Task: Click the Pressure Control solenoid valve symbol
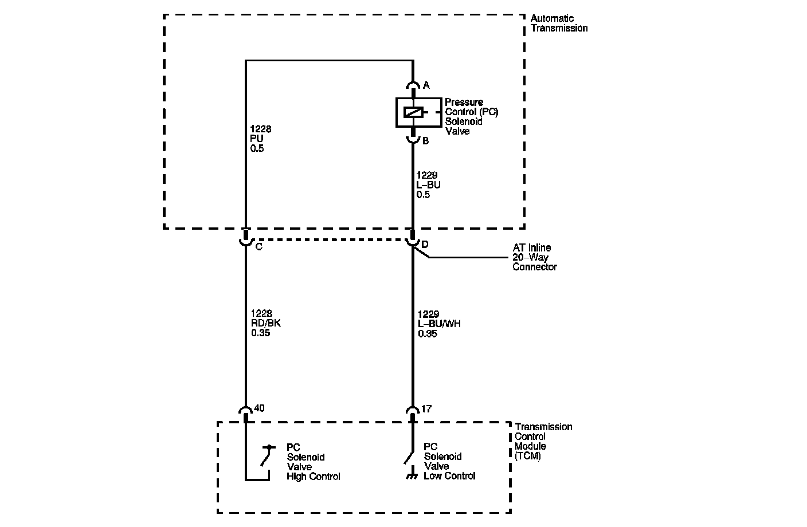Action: tap(413, 112)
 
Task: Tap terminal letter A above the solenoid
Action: tap(426, 86)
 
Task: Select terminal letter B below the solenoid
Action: tap(425, 141)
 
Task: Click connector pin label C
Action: tap(258, 247)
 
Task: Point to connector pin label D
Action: tap(425, 245)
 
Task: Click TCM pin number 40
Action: tap(259, 408)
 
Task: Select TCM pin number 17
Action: tap(426, 409)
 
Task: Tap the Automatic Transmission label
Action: tap(558, 23)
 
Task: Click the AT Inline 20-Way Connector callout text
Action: tap(534, 257)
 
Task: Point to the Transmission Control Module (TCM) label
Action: tap(543, 441)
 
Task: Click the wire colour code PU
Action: tap(257, 139)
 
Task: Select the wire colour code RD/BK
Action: tap(265, 323)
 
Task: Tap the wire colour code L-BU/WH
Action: tap(439, 324)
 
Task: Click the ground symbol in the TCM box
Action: tap(410, 476)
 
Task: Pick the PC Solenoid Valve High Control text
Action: tap(313, 462)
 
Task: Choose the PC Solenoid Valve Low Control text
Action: tap(449, 461)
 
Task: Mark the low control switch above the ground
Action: tap(409, 457)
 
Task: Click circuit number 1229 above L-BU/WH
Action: tap(428, 314)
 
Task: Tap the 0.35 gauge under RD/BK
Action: tap(260, 333)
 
